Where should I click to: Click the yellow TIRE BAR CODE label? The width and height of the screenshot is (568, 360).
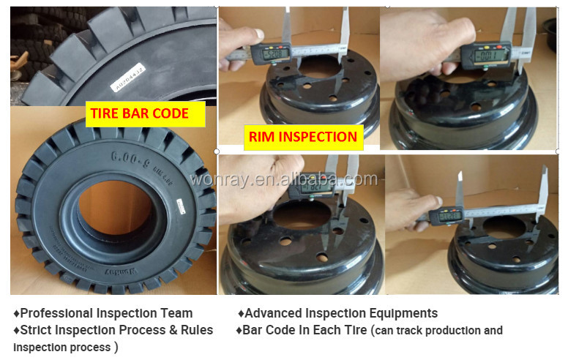(x=139, y=113)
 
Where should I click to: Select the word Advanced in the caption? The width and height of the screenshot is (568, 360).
(x=274, y=313)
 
